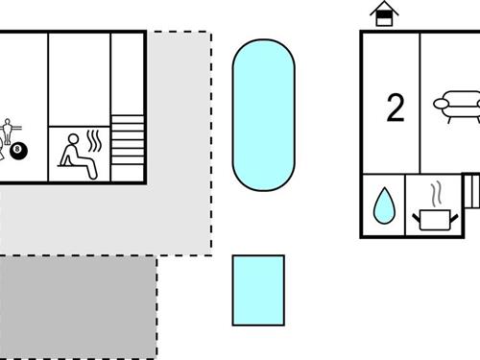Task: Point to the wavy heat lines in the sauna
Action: pos(93,143)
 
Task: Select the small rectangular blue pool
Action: pos(258,290)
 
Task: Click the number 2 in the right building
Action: pos(395,108)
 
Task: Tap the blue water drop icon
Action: pos(383,204)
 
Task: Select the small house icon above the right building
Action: pos(384,14)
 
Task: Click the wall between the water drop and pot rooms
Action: pos(405,204)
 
